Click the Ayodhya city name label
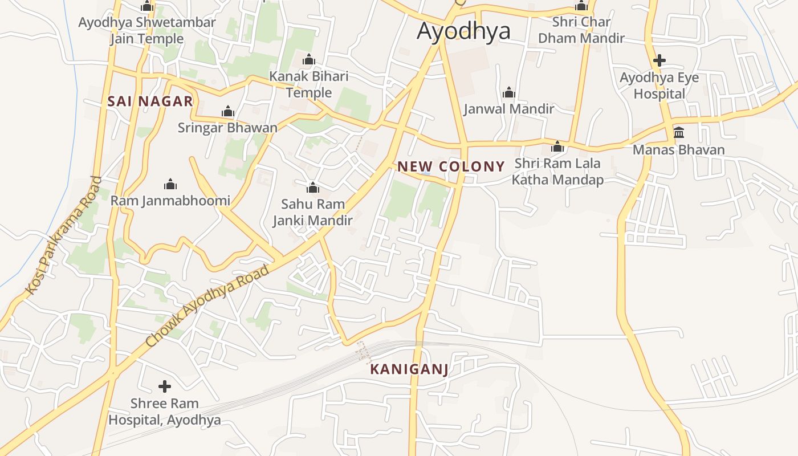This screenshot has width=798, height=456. (x=463, y=31)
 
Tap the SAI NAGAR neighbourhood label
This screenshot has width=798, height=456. (x=150, y=101)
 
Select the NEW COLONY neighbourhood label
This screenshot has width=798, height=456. (x=451, y=166)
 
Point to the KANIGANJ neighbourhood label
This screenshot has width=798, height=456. (x=409, y=369)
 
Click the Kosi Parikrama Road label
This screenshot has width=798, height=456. (x=64, y=236)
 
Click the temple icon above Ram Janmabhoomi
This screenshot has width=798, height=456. (x=170, y=184)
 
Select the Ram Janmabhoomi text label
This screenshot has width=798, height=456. (x=170, y=201)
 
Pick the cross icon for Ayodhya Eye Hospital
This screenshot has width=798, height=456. (x=659, y=60)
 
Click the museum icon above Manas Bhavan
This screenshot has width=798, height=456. (x=679, y=133)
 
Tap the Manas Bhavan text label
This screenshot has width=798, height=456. (x=679, y=150)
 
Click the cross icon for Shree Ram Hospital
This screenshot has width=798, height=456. (x=165, y=386)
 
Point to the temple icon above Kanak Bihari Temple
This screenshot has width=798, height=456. (x=309, y=59)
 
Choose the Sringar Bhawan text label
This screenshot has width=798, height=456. (x=227, y=128)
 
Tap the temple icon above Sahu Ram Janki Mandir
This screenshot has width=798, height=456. (x=312, y=188)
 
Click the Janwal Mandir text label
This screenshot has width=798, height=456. (x=509, y=109)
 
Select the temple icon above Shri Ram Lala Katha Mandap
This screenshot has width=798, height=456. (x=557, y=147)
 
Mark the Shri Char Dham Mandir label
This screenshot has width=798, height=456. (x=581, y=30)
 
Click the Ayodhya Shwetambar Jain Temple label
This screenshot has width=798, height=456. (x=147, y=31)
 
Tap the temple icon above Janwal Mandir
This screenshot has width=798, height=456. (x=509, y=93)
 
